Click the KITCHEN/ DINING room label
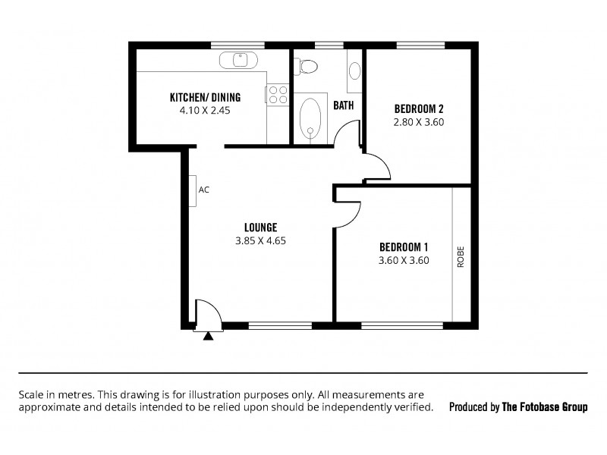point(205,97)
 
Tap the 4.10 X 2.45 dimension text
point(205,110)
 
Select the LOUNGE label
point(260,227)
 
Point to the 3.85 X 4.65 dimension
point(260,240)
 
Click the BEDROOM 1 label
point(404,247)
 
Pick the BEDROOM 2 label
point(419,108)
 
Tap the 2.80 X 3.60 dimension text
point(419,122)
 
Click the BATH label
point(344,105)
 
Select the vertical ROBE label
point(461,257)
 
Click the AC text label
point(203,190)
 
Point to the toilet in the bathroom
point(306,67)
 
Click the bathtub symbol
point(310,118)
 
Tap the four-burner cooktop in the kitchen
point(278,95)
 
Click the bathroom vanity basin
point(354,71)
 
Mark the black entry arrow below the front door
point(208,337)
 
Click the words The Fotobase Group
point(545,407)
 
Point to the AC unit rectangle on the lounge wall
point(193,191)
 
